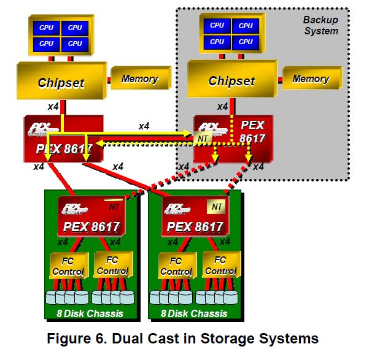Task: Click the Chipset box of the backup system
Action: click(x=232, y=79)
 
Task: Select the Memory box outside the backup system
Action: click(x=141, y=78)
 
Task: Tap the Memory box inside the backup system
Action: click(x=312, y=78)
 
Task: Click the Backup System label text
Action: click(x=321, y=25)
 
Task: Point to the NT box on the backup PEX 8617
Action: click(x=203, y=138)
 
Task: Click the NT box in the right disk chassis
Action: click(x=216, y=207)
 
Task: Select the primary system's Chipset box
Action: click(x=61, y=81)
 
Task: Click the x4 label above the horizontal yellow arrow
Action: click(x=144, y=126)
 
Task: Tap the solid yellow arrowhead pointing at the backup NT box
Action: click(x=187, y=134)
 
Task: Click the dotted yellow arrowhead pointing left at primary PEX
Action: click(x=100, y=143)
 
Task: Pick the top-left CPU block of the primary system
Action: click(x=47, y=28)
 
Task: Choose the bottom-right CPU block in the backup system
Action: click(x=246, y=42)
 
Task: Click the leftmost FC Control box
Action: click(x=69, y=266)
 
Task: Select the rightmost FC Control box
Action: click(x=221, y=265)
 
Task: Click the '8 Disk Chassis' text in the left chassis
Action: click(x=90, y=313)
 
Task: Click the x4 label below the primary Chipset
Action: click(x=53, y=107)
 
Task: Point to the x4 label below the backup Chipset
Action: click(x=223, y=107)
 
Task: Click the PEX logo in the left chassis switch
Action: click(x=74, y=209)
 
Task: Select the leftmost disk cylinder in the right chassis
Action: click(x=155, y=297)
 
